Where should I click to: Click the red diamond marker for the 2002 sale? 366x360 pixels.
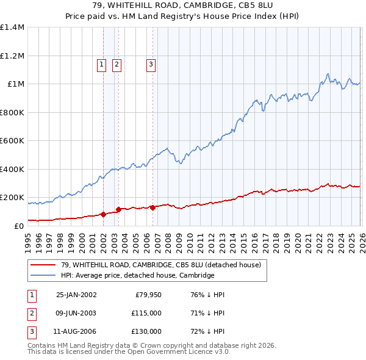[103, 214]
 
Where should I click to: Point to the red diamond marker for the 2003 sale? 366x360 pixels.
[118, 209]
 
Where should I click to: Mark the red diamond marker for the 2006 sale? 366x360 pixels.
[152, 207]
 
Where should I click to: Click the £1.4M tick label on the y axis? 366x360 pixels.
[12, 27]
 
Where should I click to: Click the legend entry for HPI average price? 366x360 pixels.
[137, 276]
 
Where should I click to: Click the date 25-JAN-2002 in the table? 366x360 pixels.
[76, 295]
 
